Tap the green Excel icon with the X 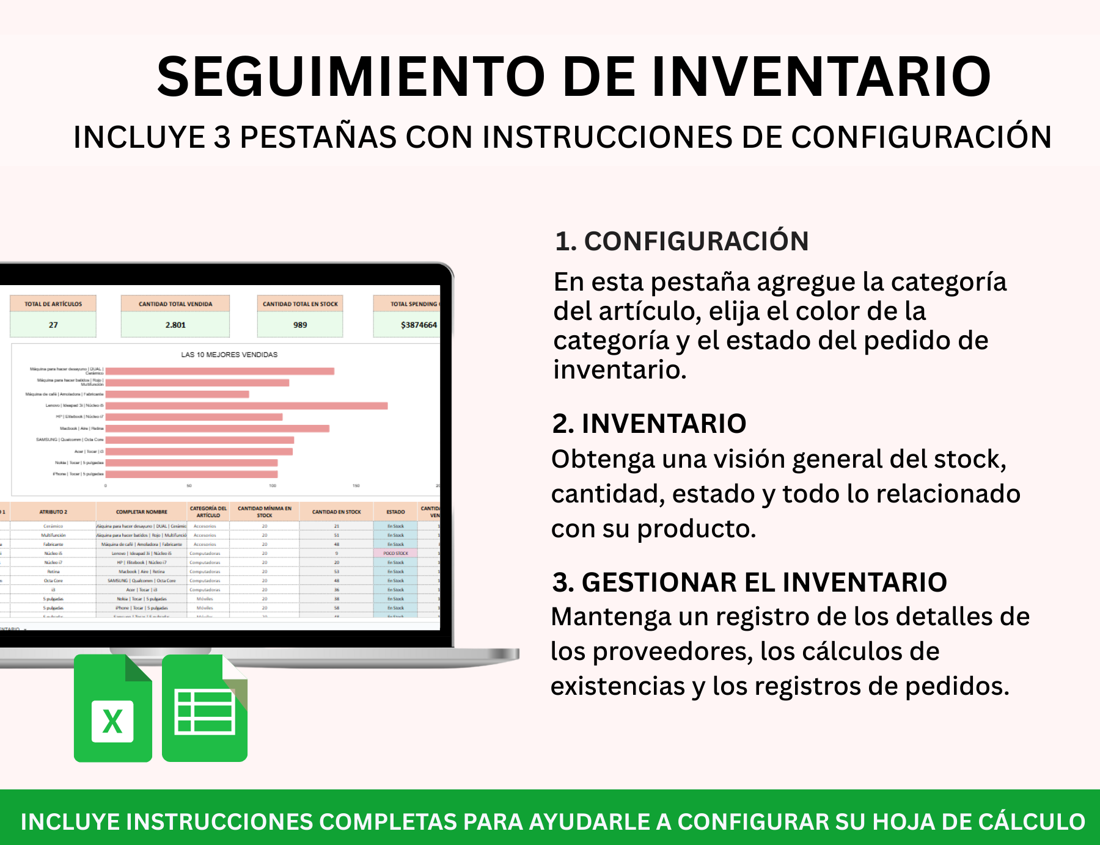click(x=113, y=708)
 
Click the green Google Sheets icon click(x=205, y=708)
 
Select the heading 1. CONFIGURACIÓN click(x=681, y=241)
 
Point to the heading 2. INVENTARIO click(x=649, y=424)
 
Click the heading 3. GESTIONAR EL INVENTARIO click(x=749, y=582)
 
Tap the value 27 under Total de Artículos click(x=53, y=325)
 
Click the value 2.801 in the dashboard click(x=175, y=325)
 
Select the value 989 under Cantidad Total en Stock click(x=300, y=325)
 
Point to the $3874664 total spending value click(x=419, y=325)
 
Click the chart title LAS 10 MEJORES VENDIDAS click(x=229, y=355)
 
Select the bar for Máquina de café click(x=177, y=394)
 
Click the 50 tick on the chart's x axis click(x=189, y=486)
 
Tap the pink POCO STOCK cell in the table click(x=395, y=553)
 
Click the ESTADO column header click(x=395, y=512)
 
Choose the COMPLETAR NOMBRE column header click(x=142, y=512)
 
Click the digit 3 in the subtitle click(x=222, y=137)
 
